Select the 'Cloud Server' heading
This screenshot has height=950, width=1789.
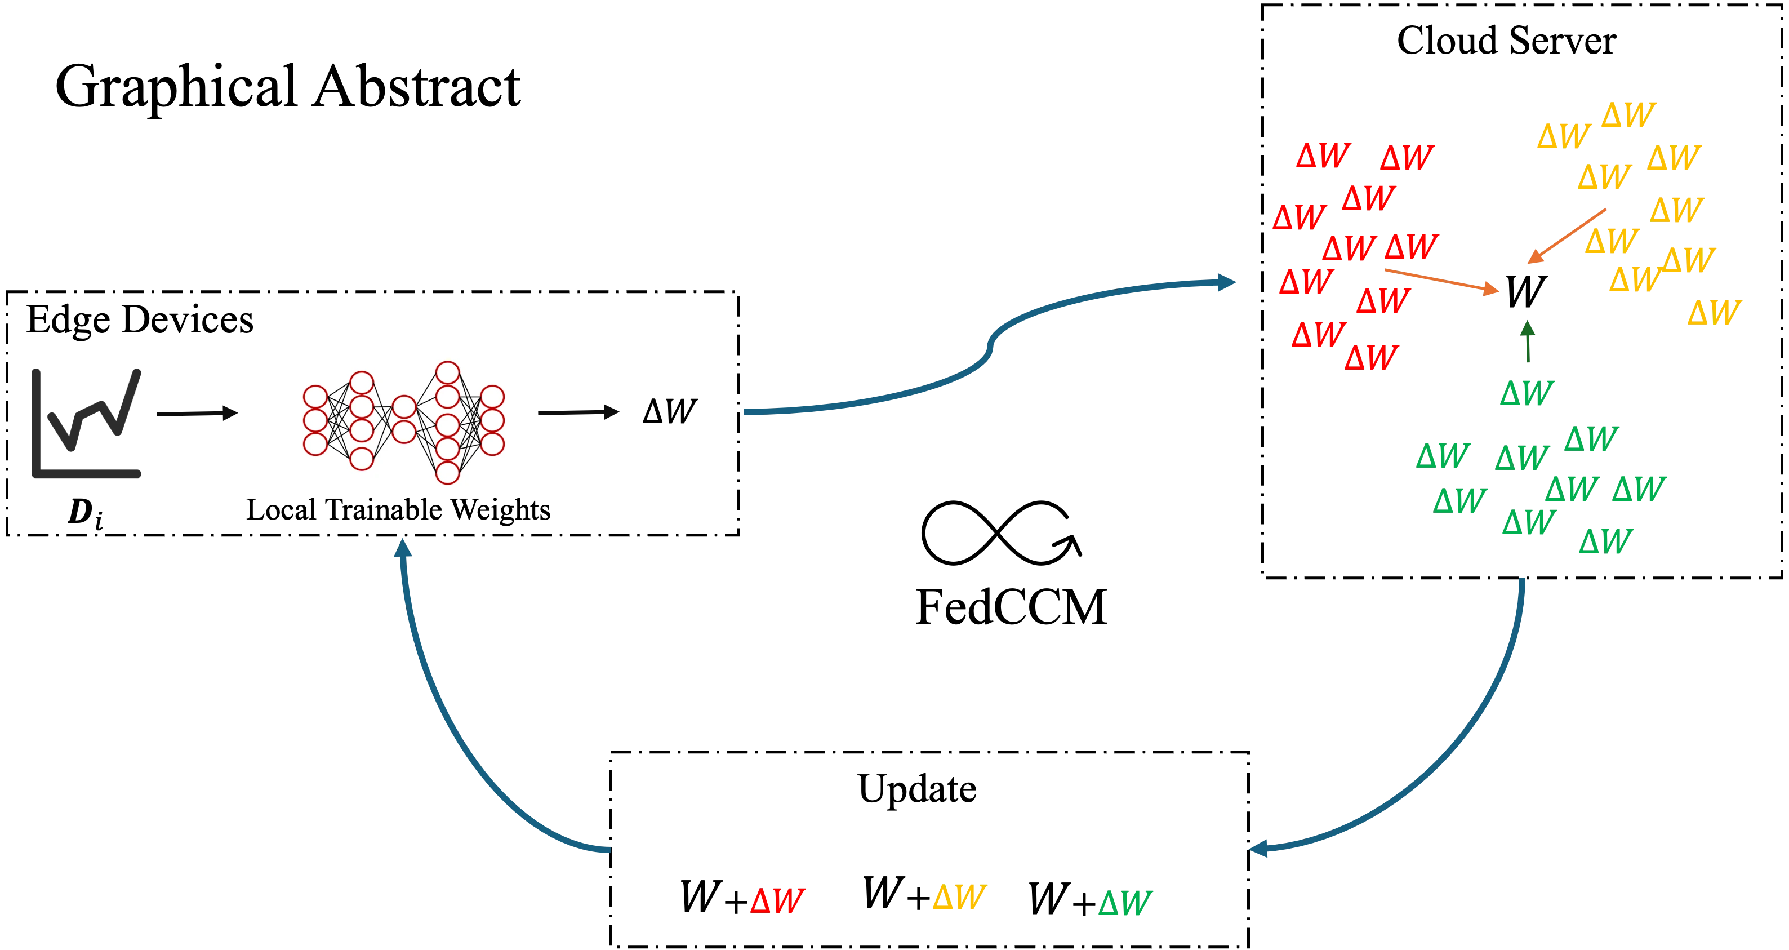1506,41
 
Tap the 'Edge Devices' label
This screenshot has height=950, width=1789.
140,321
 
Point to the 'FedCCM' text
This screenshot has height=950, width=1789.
1011,607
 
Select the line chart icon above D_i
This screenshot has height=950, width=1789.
86,424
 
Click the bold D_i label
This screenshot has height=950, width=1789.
86,513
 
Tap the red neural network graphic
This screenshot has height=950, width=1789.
403,423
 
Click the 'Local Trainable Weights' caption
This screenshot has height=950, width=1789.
398,509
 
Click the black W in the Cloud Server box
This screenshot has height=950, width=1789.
1526,291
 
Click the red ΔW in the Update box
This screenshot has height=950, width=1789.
778,902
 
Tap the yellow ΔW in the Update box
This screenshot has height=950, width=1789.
959,896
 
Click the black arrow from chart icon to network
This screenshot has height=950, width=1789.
197,414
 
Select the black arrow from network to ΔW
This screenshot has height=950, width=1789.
578,412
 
